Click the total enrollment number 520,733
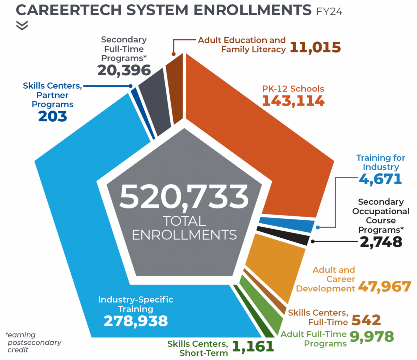coord(184,197)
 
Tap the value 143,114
coord(293,101)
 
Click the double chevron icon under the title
coord(22,25)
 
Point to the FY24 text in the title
coord(329,12)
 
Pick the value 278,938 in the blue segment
coord(136,321)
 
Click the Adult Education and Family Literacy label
coord(242,45)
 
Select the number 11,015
coord(315,48)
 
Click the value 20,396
coord(124,70)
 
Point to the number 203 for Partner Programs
coord(52,116)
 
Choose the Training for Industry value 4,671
coord(381,179)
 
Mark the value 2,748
coord(381,242)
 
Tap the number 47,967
coord(384,287)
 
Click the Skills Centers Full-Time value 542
coord(366,320)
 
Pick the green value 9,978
coord(372,337)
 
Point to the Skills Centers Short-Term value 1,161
coord(253,347)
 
